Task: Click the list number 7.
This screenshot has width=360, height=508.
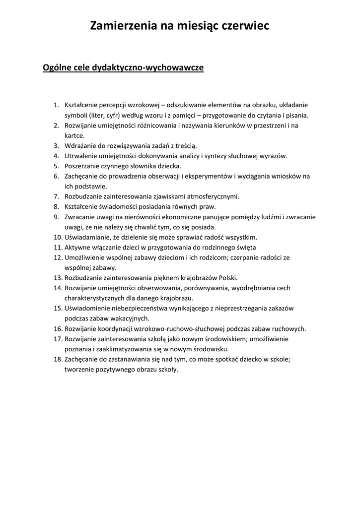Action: pyautogui.click(x=57, y=196)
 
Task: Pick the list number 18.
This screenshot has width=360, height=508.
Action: pyautogui.click(x=57, y=359)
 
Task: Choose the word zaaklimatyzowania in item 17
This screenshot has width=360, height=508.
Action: pyautogui.click(x=117, y=349)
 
